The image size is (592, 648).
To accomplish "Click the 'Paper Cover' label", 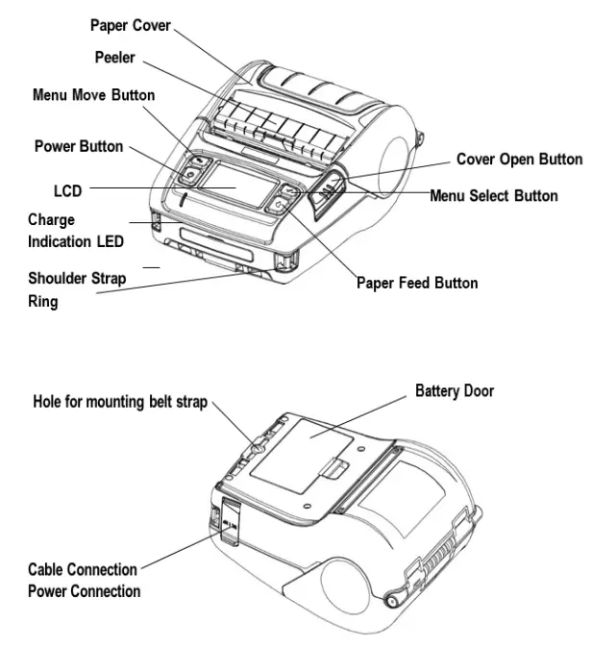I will coord(131,25).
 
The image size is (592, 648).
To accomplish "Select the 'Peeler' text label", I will coord(114,59).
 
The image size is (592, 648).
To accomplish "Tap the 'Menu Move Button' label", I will coord(93,95).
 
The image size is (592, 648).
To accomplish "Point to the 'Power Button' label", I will coord(79,147).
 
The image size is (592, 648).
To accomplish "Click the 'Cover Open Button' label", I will coord(518,159).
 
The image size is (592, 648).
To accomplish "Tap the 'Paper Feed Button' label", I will coord(416,283).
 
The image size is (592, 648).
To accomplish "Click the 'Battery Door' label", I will coord(455,391).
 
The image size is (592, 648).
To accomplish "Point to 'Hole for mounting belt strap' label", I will coord(120,402).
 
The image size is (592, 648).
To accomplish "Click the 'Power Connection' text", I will coord(84,590).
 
